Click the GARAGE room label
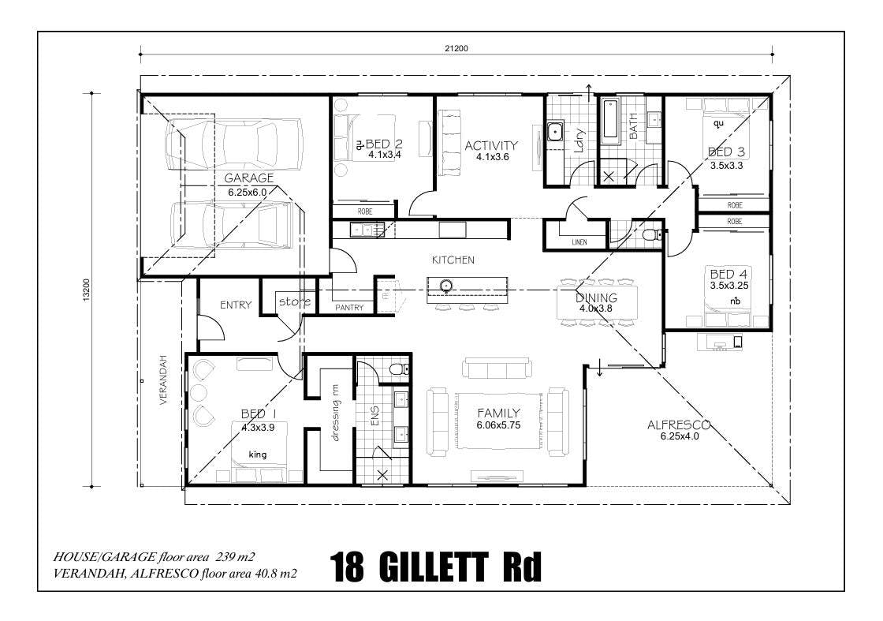(249, 178)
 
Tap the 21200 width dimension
(456, 48)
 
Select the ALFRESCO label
(678, 425)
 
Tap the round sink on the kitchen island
(446, 285)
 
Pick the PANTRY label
(349, 308)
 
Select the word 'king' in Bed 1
(258, 455)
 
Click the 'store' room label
(295, 301)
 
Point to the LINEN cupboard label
(579, 242)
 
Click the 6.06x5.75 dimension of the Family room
(498, 425)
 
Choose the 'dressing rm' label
(336, 413)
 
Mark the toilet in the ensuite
(400, 369)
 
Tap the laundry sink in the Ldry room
(556, 132)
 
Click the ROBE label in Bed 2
(365, 212)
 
